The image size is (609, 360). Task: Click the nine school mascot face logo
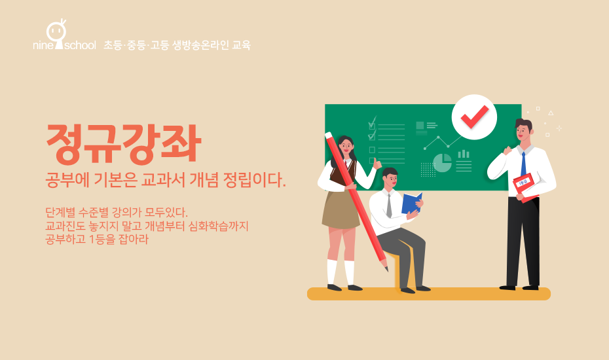click(x=56, y=34)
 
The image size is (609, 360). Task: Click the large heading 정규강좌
click(x=124, y=144)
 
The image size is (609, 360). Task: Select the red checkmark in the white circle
click(x=474, y=116)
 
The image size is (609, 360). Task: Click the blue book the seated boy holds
click(x=412, y=203)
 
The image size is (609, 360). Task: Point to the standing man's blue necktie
click(x=524, y=164)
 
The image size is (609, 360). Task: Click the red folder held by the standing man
click(x=525, y=188)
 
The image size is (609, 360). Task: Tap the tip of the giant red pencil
click(x=387, y=270)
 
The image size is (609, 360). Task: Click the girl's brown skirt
click(x=341, y=209)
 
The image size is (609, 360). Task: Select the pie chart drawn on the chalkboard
click(x=443, y=163)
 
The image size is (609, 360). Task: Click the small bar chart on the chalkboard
click(x=464, y=154)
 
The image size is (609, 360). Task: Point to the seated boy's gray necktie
click(x=389, y=206)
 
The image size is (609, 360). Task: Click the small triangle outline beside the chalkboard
click(x=551, y=113)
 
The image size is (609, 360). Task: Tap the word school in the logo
click(x=80, y=45)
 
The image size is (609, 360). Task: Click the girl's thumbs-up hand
click(x=377, y=165)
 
